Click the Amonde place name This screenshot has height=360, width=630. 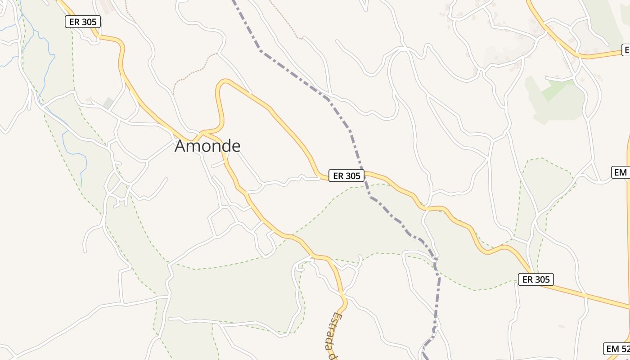coord(207,146)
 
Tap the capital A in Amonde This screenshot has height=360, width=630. coord(180,146)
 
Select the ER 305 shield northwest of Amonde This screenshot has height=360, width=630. coord(83,22)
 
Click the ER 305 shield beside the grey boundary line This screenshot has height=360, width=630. coord(346,175)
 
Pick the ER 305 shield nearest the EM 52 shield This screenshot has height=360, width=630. coord(535,279)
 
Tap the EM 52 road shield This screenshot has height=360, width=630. coord(617,349)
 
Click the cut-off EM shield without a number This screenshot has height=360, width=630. coord(621,172)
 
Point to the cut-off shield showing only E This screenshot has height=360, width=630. coord(626,50)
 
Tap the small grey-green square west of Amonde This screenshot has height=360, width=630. coord(108,103)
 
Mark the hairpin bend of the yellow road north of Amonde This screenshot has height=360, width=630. coord(223,82)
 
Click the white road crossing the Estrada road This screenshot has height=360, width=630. coord(342,295)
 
